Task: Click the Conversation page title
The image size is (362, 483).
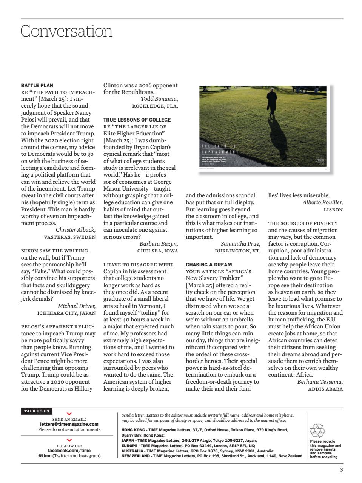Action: tap(66, 31)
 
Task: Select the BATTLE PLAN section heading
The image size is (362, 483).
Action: tap(37, 85)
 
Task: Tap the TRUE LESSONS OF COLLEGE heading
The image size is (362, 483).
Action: tap(137, 120)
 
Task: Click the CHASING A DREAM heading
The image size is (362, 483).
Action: tap(209, 265)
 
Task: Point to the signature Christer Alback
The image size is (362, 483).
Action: tap(75, 230)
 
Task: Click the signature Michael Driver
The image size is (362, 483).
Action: tap(77, 306)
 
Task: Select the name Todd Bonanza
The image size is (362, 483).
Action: tap(159, 99)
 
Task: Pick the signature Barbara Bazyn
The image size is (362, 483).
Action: tap(159, 244)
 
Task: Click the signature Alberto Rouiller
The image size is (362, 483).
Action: tap(322, 202)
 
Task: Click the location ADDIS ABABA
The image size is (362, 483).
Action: tap(325, 389)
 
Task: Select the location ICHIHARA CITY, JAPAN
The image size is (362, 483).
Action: tap(66, 313)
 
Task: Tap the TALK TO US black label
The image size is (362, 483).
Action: tap(37, 411)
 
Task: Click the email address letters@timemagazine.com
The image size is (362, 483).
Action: tap(69, 424)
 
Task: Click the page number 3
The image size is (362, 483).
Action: tap(341, 470)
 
